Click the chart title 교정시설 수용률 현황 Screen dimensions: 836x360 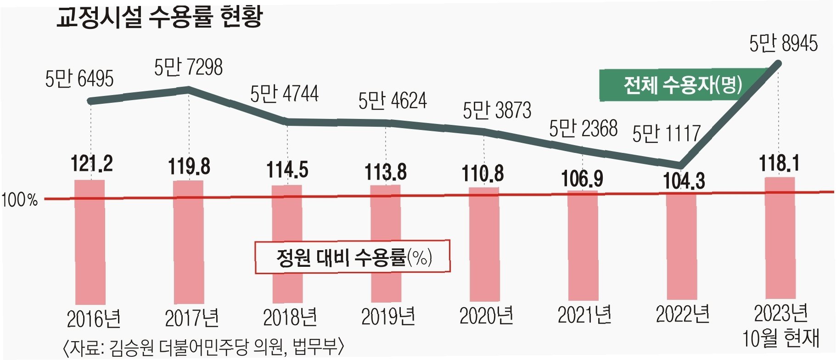point(159,17)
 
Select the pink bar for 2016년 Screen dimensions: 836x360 point(90,242)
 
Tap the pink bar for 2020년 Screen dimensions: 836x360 point(484,244)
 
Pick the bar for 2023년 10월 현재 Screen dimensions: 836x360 point(780,238)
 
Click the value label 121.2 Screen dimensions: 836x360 point(92,163)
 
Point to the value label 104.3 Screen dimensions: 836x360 point(684,181)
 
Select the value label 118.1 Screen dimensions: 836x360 point(779,163)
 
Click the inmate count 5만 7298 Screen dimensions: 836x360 point(188,67)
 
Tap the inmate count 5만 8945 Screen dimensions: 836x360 point(784,44)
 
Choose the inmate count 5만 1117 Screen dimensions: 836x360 point(666,133)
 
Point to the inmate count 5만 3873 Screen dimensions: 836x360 point(497,110)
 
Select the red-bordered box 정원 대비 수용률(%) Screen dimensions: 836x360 point(353,257)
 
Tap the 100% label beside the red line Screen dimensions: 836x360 point(20,200)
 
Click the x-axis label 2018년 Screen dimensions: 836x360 point(290,317)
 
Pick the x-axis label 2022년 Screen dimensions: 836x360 point(683,315)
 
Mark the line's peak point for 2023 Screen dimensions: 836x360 point(778,63)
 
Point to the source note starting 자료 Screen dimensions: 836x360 point(203,348)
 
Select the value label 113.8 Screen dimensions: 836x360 point(386,172)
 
